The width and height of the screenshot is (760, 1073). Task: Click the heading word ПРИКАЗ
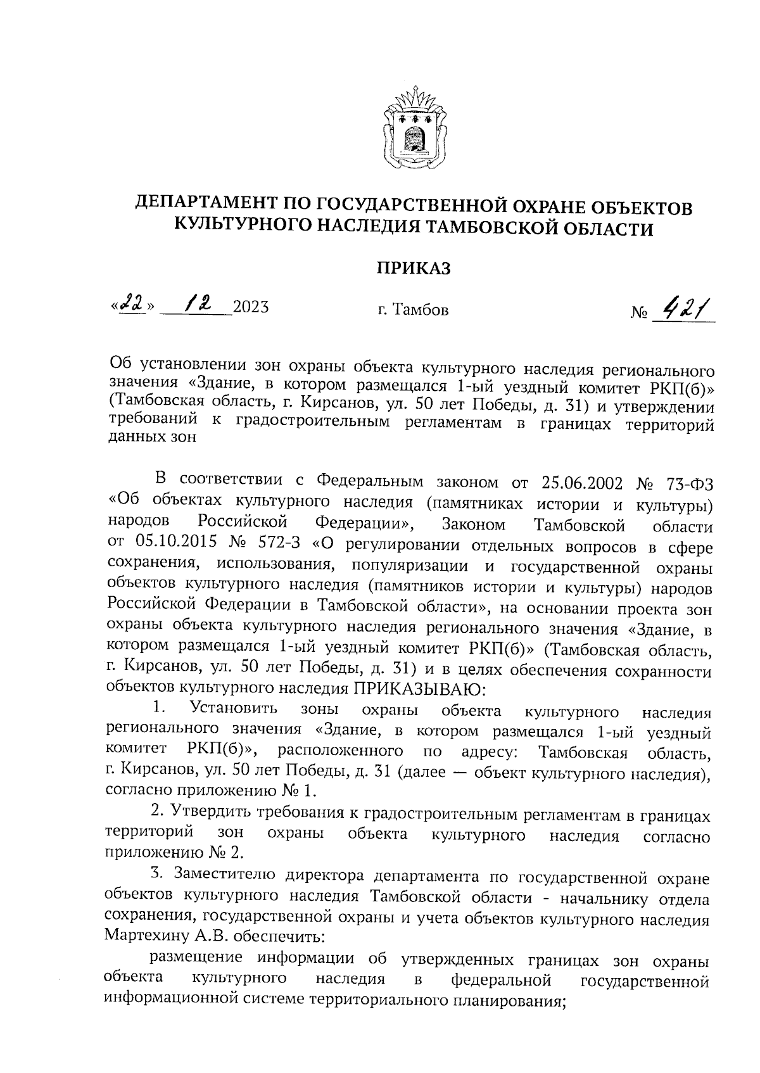pos(414,269)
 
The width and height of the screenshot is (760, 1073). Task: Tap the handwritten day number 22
pos(131,307)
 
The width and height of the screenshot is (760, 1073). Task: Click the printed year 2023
pos(251,308)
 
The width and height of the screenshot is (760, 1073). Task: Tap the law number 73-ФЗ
pos(689,483)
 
